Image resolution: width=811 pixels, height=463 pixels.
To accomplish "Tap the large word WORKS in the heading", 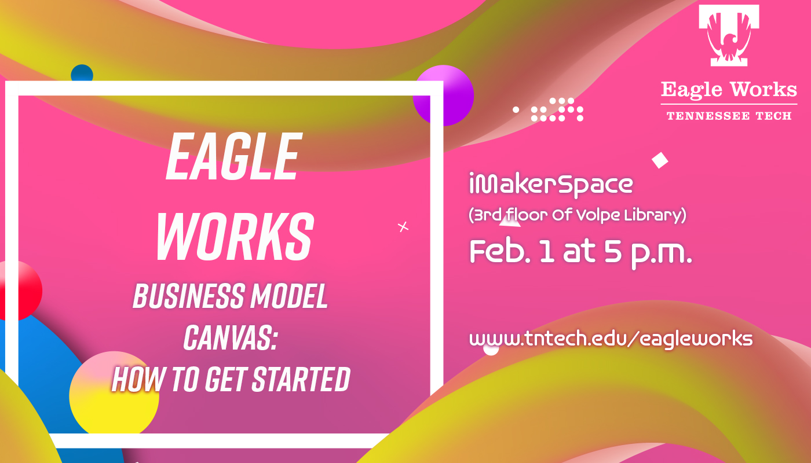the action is coord(235,237).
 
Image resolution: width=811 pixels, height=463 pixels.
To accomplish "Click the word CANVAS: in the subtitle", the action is coord(231,337).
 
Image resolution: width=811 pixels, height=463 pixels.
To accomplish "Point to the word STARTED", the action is coord(301,379).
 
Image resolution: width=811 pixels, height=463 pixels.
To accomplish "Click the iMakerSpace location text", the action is coord(551,184).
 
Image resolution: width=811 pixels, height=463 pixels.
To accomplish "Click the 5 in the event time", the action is coord(613,251).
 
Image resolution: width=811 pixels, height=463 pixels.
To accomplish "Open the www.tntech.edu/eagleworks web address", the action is coord(611,339).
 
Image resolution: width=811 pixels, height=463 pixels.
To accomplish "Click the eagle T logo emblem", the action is coord(729,35).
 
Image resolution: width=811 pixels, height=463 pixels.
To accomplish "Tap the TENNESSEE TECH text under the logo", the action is coord(729,116).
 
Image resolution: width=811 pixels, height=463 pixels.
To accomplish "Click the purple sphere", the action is coord(443,95).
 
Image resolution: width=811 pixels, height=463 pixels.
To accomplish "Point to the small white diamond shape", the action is coord(660,160).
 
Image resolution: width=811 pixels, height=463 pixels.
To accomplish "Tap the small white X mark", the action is coord(403,227).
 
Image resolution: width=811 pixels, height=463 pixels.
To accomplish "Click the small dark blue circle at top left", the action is coord(82,73).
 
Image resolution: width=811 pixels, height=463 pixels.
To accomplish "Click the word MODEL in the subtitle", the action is coord(289,296).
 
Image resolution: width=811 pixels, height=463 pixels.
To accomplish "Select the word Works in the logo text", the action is coord(763,89).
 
